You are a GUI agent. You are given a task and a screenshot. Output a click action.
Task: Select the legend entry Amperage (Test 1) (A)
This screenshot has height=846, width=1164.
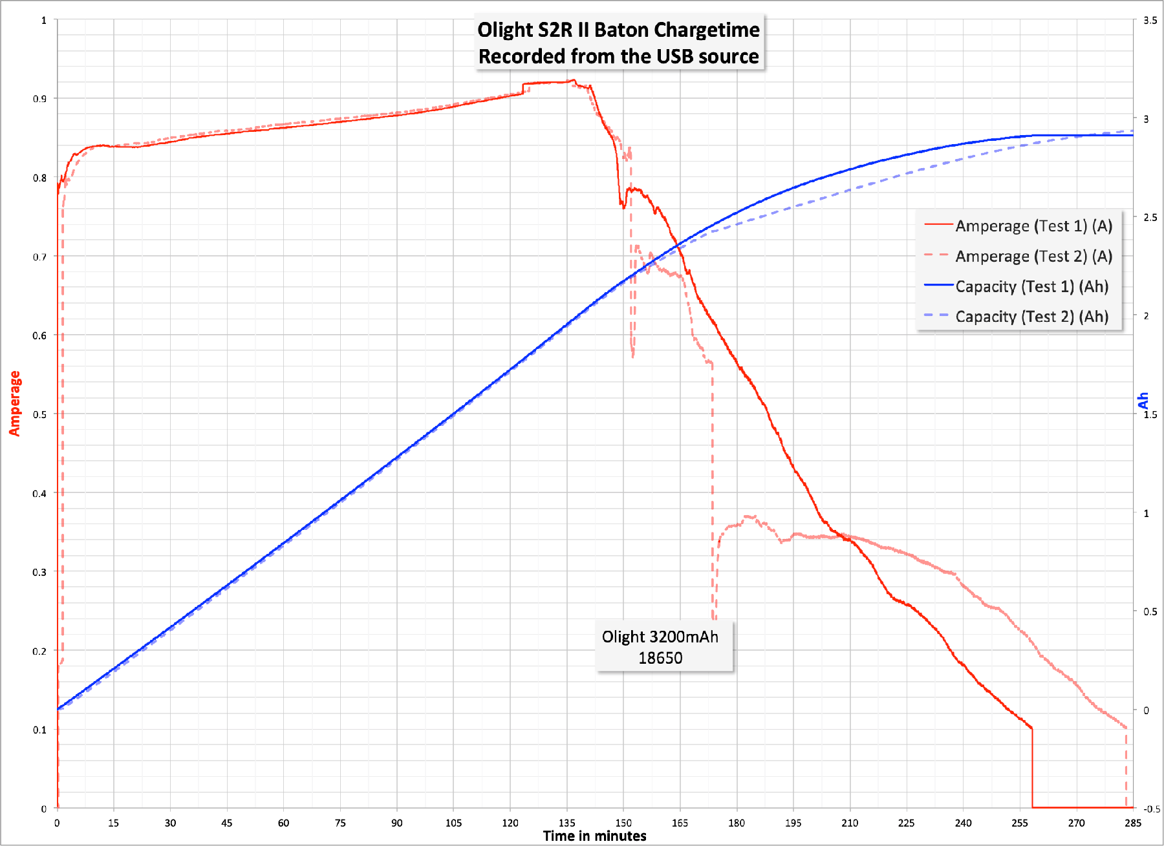coord(1033,226)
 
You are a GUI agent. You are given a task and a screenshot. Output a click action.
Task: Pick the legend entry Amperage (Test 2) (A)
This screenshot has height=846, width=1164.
coord(1033,257)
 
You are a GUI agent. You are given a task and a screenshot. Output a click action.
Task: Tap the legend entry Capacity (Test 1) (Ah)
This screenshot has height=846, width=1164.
coord(1031,286)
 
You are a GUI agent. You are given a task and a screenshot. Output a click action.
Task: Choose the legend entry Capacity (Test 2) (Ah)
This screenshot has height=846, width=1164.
coord(1031,317)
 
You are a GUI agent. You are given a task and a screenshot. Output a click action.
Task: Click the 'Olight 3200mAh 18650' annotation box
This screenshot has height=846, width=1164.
coord(664,647)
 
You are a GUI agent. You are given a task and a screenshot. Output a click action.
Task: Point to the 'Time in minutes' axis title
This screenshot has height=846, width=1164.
coord(594,836)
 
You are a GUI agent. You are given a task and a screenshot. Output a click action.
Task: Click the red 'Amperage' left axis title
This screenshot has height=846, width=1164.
coord(14,403)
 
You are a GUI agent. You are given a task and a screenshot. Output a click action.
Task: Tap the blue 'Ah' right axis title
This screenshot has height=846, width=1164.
coord(1143,400)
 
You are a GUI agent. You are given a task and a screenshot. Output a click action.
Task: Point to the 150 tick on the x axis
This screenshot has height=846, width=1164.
coord(623,823)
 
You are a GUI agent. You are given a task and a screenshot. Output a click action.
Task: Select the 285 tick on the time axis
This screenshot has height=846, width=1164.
coord(1133,823)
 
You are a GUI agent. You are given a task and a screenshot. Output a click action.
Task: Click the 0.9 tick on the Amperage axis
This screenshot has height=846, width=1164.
coord(40,99)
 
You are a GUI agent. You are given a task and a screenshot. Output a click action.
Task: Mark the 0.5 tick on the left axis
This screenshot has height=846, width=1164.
coord(40,414)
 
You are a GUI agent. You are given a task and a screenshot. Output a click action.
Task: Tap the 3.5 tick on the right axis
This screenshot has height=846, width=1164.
coord(1150,21)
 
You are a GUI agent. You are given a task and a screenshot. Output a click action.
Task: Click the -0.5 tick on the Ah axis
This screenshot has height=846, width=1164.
coord(1151,809)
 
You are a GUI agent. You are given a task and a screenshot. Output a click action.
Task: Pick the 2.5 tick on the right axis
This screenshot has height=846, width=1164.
coord(1150,218)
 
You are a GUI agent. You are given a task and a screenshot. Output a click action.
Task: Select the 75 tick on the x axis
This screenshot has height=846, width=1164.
coord(340,823)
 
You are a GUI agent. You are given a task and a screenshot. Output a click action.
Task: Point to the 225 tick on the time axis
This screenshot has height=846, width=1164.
coord(907,823)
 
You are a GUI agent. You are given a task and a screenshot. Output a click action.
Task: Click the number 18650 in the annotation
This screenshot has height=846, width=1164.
coord(660,659)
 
